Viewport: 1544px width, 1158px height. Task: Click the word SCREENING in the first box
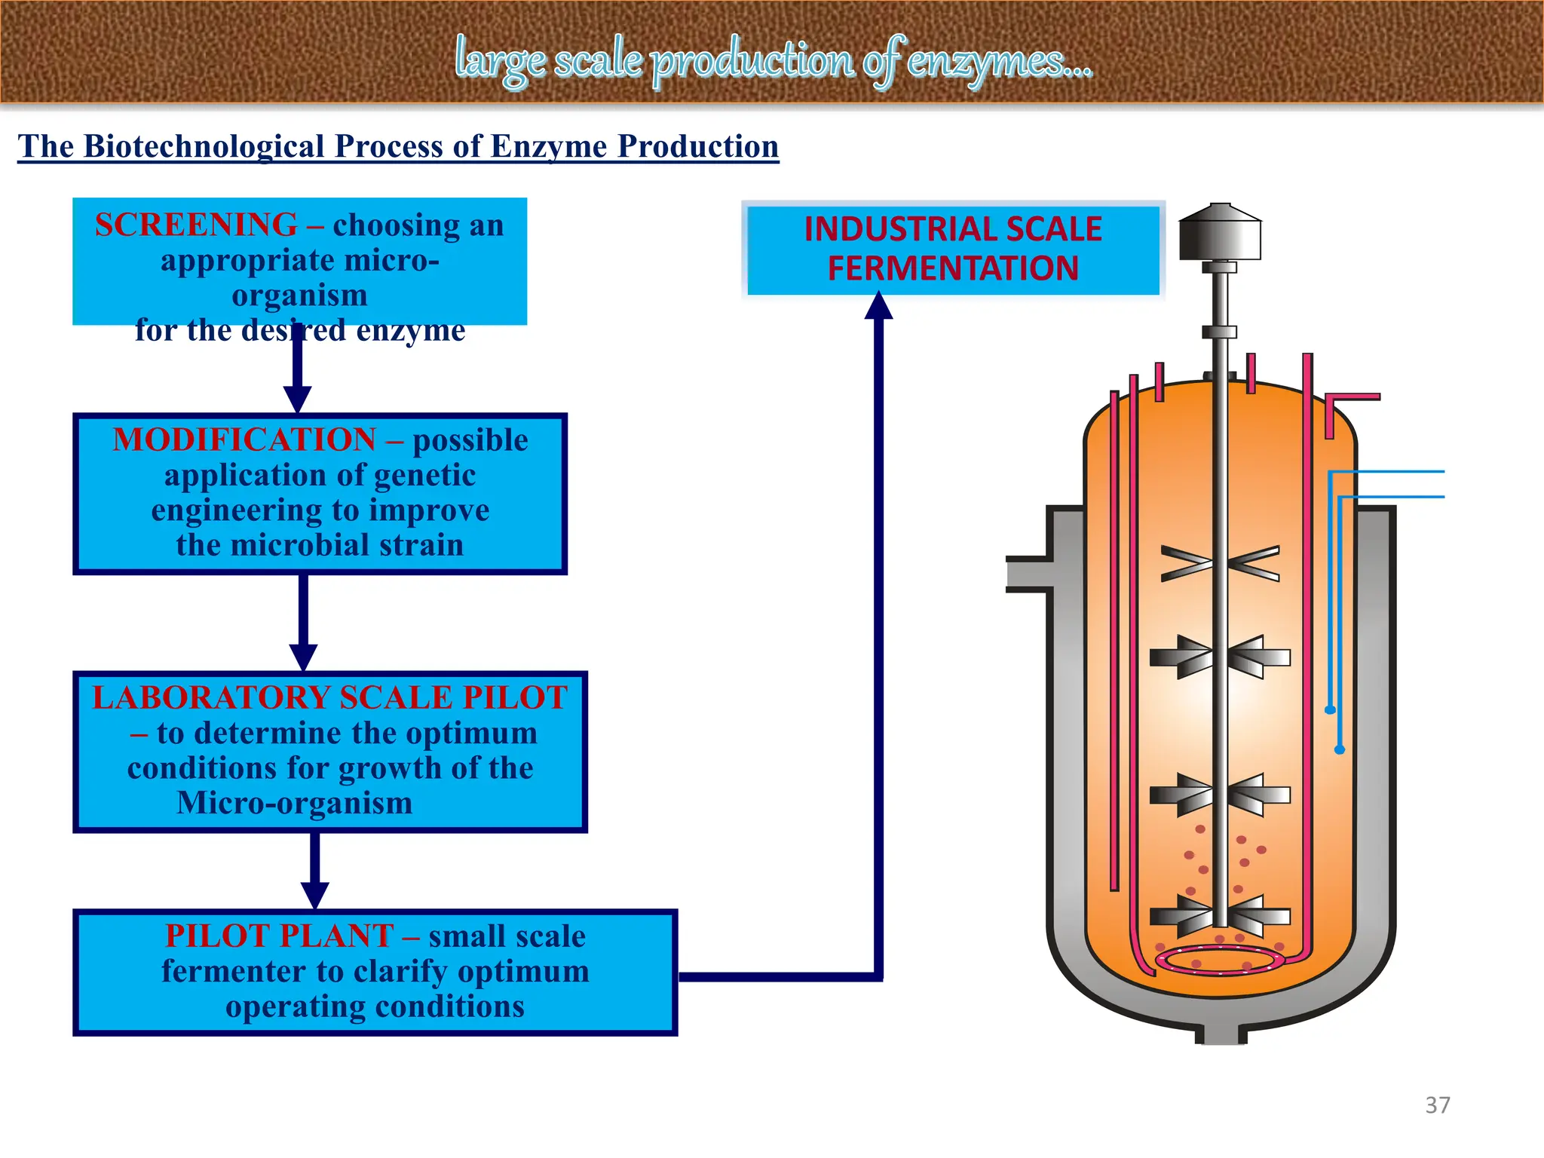(x=196, y=225)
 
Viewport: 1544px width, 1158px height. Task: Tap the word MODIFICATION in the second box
(x=244, y=440)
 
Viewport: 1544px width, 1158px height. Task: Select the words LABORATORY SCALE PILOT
(x=329, y=697)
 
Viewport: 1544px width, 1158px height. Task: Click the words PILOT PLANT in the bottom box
(x=279, y=936)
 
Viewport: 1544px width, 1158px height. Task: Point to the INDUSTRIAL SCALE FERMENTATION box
(x=953, y=249)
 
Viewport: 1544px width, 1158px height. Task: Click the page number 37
(x=1437, y=1105)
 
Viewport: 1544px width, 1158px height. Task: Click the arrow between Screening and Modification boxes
(x=298, y=377)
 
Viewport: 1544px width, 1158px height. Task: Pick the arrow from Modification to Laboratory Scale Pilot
(x=303, y=626)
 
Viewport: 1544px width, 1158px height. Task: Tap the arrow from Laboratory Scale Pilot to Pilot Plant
(x=315, y=875)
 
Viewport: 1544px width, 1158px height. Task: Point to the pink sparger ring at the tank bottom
(x=1219, y=960)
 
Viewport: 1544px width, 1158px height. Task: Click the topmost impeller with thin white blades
(x=1220, y=564)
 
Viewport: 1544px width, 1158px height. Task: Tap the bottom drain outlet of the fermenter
(x=1221, y=1033)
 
